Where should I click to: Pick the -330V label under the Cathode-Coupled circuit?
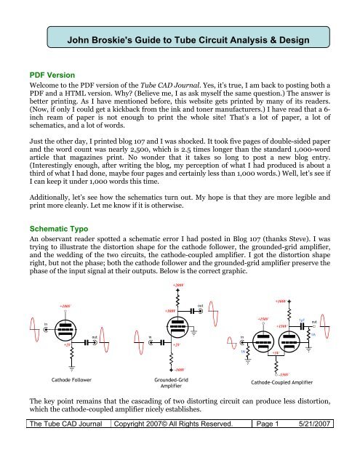(x=274, y=373)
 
